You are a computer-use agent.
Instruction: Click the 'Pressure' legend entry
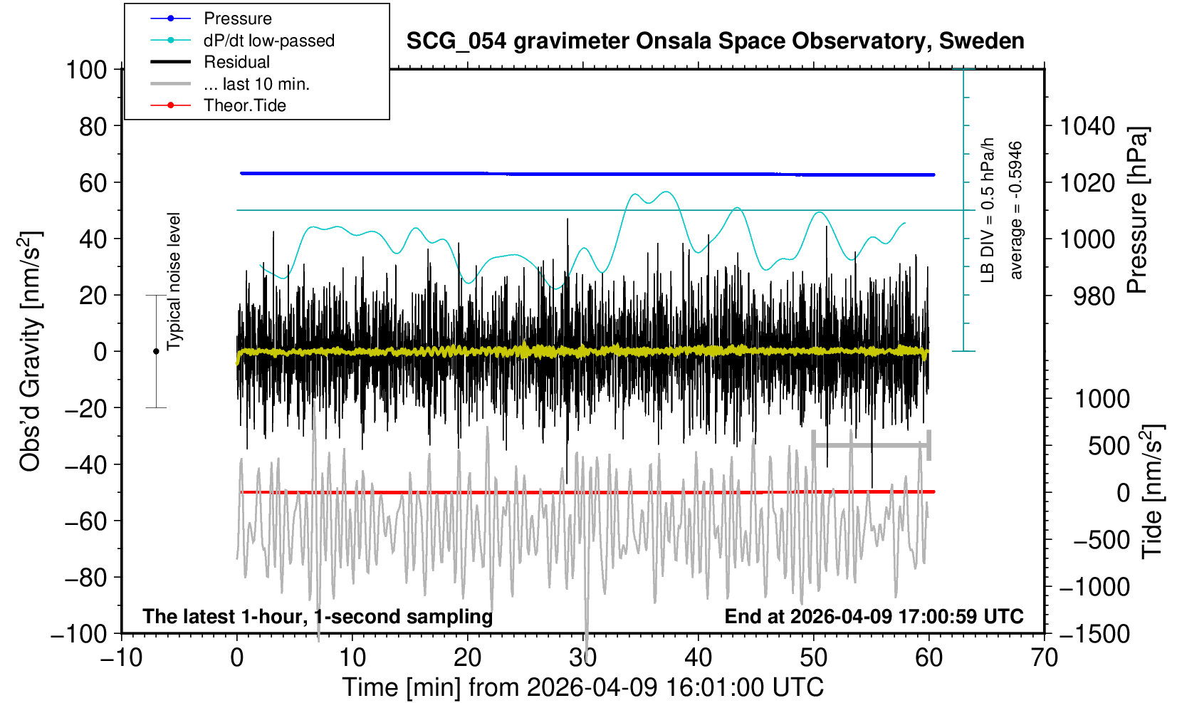coord(237,19)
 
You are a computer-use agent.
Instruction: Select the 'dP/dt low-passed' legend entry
coord(268,41)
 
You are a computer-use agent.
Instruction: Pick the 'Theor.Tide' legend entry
coord(244,105)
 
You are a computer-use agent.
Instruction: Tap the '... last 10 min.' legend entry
coord(256,84)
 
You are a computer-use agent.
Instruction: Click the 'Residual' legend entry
coord(236,62)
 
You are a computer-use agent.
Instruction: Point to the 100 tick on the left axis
coord(85,70)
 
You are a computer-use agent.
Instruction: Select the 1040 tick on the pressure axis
coord(1087,126)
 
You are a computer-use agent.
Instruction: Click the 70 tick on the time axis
coord(1044,657)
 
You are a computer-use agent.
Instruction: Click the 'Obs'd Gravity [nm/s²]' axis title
coord(31,351)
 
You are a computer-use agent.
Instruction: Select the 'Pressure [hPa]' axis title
coord(1137,210)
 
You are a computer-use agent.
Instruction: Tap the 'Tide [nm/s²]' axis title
coord(1151,491)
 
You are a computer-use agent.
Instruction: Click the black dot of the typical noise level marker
coord(156,351)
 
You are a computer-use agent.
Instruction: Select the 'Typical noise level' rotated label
coord(174,281)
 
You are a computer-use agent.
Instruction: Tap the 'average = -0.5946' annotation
coord(1016,210)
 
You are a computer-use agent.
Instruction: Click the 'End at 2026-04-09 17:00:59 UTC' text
coord(874,616)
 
